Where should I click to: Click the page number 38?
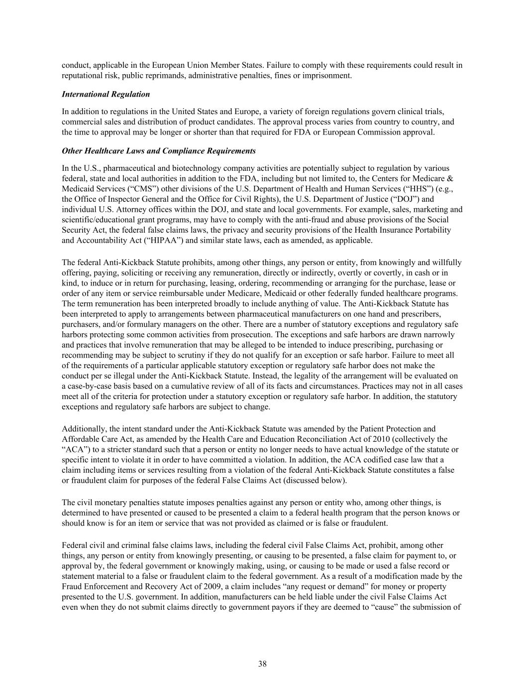coord(262,663)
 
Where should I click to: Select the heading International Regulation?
coord(105,94)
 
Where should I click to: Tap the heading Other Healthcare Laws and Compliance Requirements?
coord(159,150)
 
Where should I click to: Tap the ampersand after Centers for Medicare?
coord(449,178)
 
